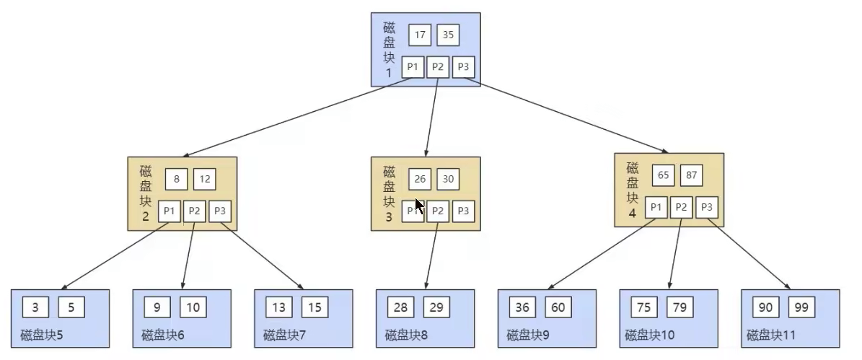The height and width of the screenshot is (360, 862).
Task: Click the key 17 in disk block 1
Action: click(420, 35)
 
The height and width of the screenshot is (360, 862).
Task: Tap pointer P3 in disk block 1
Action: click(463, 67)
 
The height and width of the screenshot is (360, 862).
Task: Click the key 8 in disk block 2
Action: click(177, 179)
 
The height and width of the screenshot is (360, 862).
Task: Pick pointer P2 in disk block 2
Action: click(195, 211)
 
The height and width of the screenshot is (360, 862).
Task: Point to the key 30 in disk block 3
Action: click(448, 179)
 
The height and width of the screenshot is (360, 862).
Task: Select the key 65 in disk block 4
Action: click(664, 175)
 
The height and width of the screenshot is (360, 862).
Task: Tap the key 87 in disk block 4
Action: click(692, 175)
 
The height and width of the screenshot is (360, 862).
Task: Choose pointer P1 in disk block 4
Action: click(656, 208)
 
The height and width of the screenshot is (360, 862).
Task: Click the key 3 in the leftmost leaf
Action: click(35, 307)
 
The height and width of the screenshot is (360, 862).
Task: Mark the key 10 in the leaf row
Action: click(193, 307)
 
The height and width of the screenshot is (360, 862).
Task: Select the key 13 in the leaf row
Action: click(279, 307)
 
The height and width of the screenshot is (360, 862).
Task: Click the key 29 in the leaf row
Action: click(436, 307)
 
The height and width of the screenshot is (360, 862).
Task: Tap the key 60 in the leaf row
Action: click(558, 307)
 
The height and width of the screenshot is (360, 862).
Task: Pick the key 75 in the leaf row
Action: click(644, 307)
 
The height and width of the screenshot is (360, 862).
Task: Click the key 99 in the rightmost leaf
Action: click(801, 307)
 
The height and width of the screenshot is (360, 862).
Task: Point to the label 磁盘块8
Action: click(405, 335)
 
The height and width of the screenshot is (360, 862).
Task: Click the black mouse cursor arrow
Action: click(419, 204)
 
